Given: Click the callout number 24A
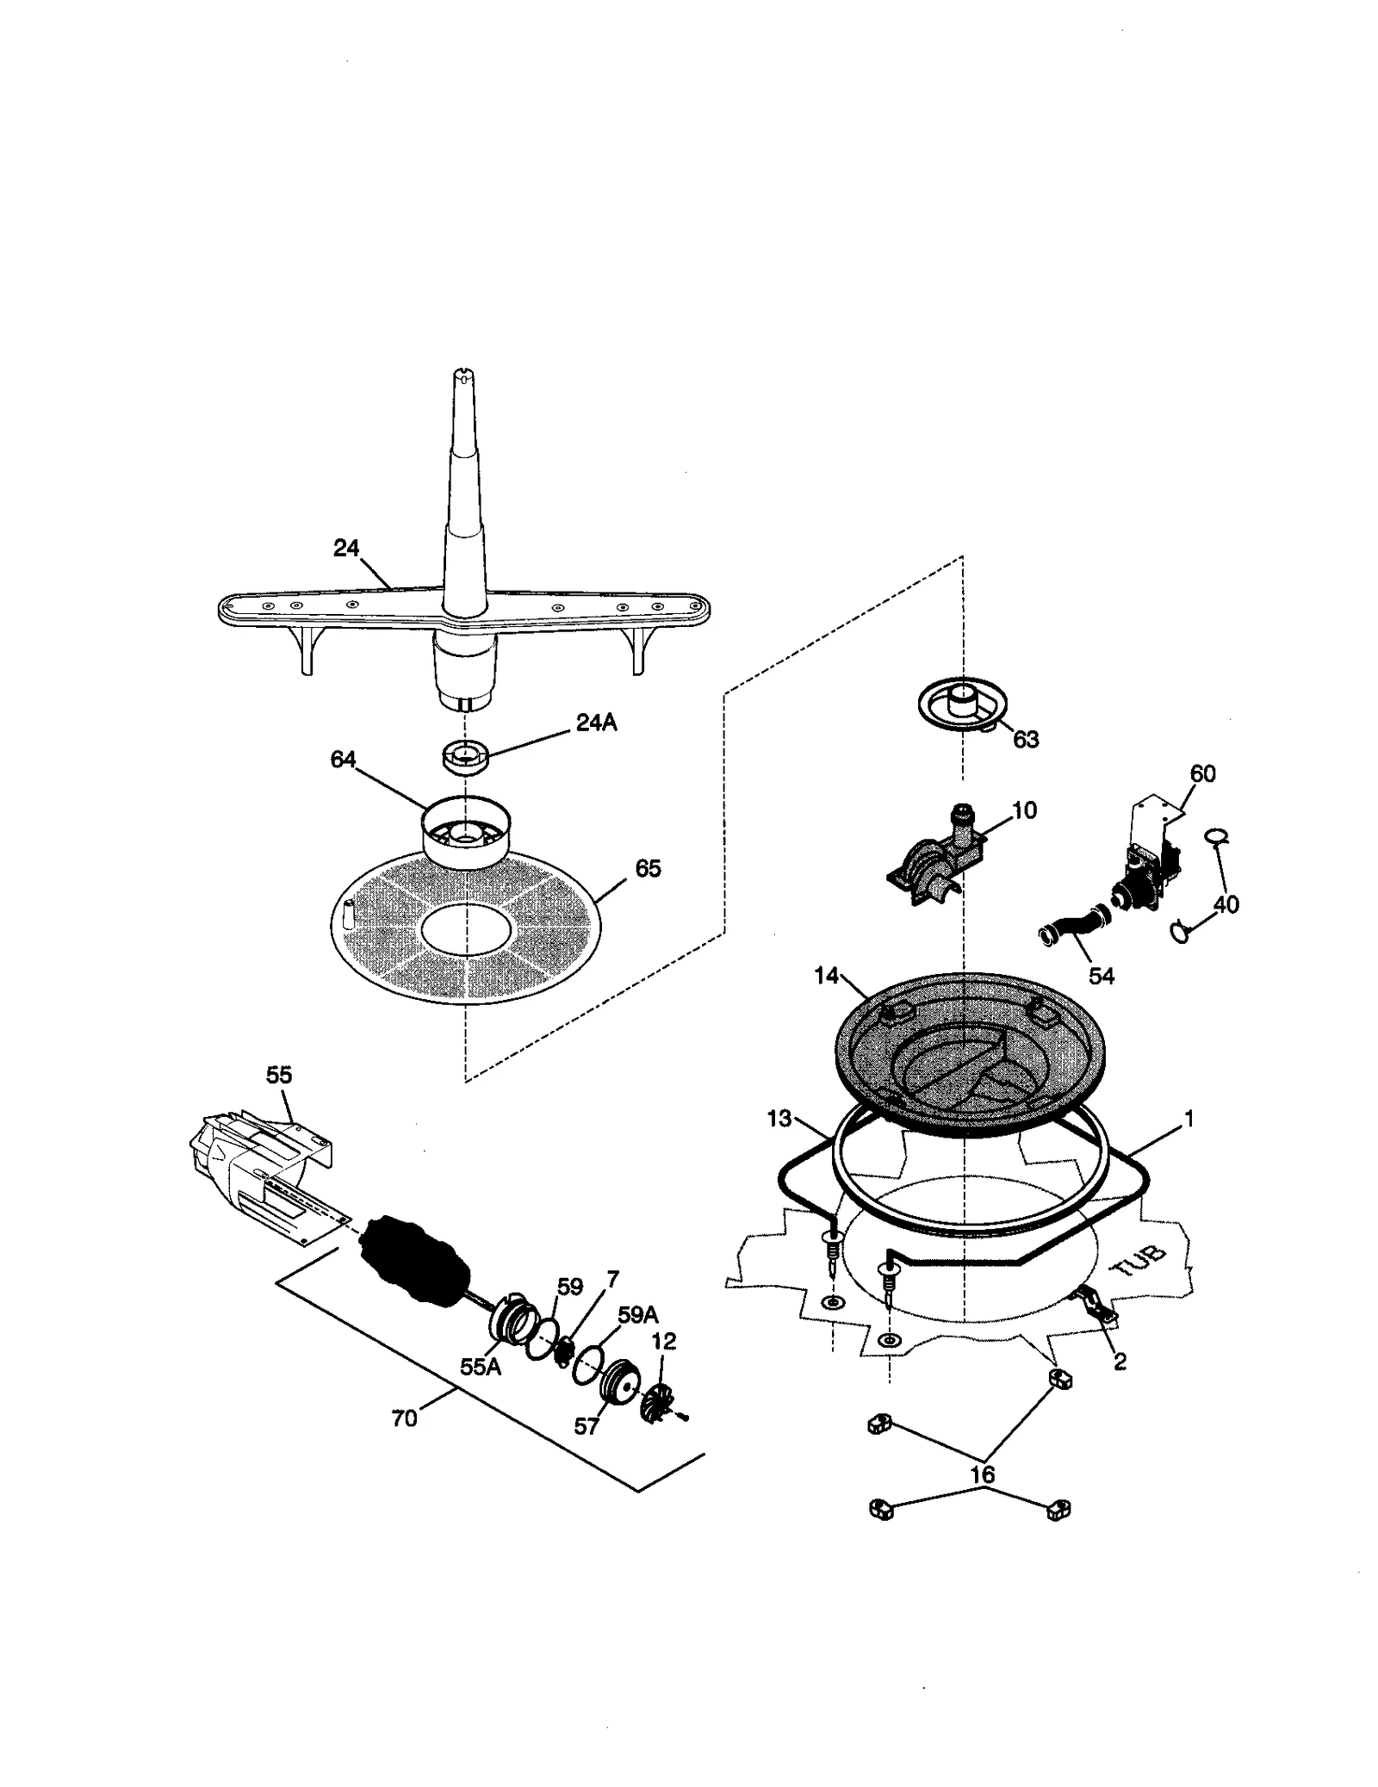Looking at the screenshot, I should click(596, 723).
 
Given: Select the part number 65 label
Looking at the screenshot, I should click(648, 868).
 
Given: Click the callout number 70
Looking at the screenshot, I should click(404, 1418).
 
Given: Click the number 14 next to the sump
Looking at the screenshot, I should click(826, 975).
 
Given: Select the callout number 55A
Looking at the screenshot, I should click(480, 1367).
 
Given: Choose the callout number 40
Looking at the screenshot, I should click(1226, 904).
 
